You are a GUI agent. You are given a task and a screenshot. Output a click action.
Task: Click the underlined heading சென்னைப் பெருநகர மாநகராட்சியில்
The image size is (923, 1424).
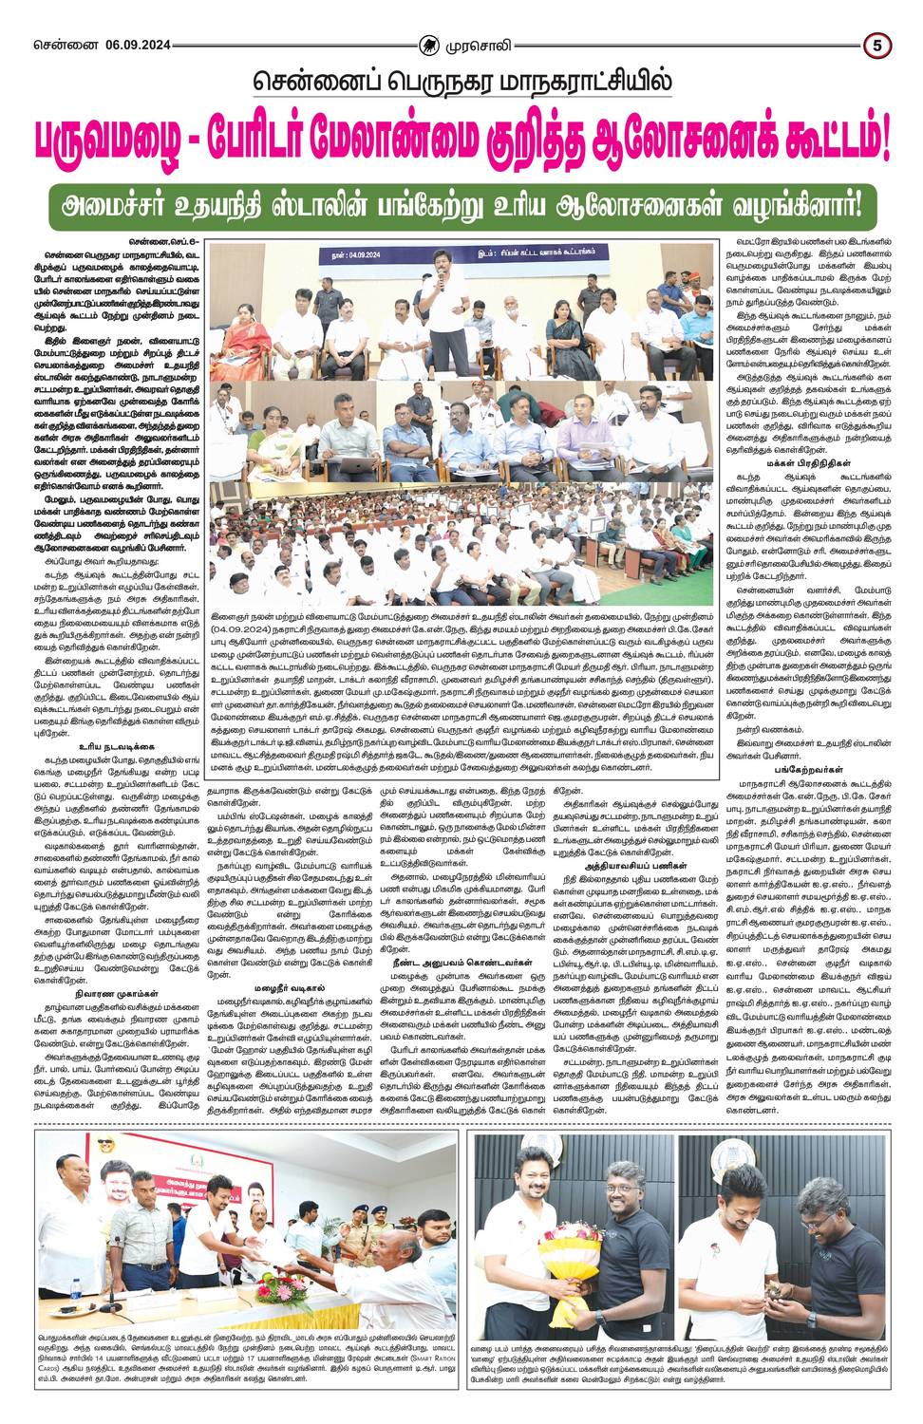tap(461, 83)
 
